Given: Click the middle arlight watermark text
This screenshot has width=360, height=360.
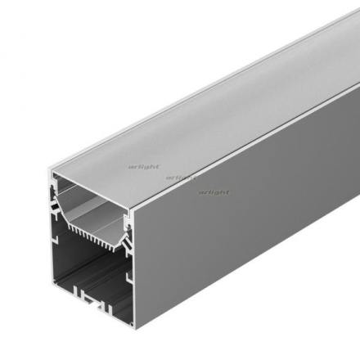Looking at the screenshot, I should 180,178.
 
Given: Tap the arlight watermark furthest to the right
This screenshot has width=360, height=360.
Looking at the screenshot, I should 213,192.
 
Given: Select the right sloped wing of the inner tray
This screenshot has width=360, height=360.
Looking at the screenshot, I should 125,238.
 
